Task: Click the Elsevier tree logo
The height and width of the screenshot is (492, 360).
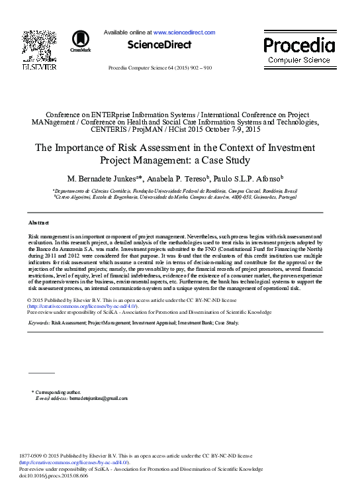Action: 39,44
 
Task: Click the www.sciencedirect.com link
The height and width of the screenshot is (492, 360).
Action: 184,32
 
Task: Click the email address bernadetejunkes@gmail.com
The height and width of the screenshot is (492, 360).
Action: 99,399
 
